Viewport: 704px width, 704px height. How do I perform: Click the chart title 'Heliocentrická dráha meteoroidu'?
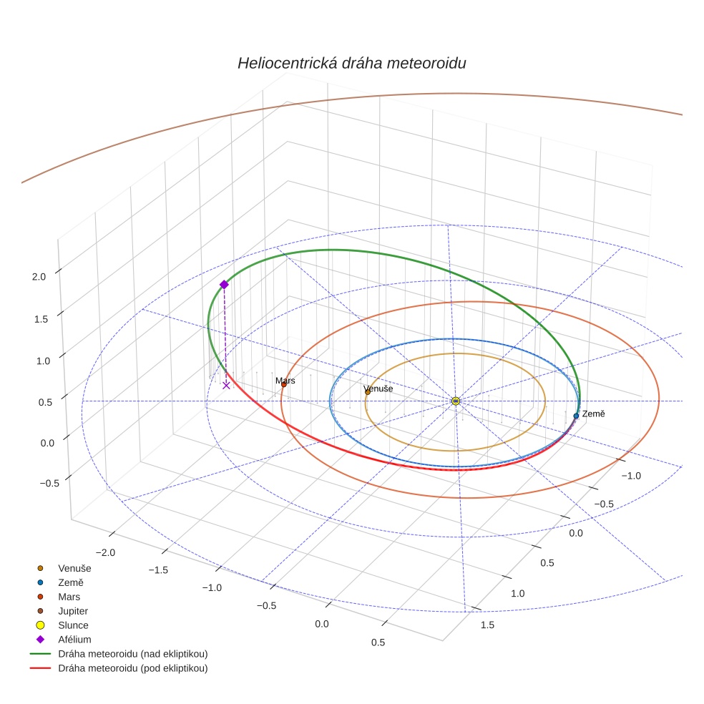click(352, 63)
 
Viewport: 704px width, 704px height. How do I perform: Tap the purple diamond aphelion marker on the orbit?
click(224, 284)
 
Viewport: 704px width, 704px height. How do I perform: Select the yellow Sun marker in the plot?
click(456, 401)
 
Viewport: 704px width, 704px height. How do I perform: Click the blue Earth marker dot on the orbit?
click(576, 416)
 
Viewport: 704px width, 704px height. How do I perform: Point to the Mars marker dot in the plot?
click(284, 385)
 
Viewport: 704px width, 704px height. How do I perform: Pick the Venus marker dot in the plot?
click(368, 392)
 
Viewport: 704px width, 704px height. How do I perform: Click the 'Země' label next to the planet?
click(594, 414)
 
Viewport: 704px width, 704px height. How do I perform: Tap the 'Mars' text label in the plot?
click(285, 381)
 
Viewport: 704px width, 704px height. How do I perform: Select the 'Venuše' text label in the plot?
click(378, 388)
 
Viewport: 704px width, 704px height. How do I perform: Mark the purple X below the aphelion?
click(226, 385)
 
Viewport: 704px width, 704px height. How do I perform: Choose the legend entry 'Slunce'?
click(73, 625)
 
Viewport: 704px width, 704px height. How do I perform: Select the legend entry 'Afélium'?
click(74, 640)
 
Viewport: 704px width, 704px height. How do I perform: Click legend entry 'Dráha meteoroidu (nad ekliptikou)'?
click(132, 654)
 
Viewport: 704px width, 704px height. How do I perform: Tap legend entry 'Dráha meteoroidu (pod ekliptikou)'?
click(132, 668)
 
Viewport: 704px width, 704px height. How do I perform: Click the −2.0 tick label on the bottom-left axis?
click(104, 552)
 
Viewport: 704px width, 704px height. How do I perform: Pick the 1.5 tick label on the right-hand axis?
click(487, 625)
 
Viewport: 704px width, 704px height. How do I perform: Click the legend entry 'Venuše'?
click(74, 568)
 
